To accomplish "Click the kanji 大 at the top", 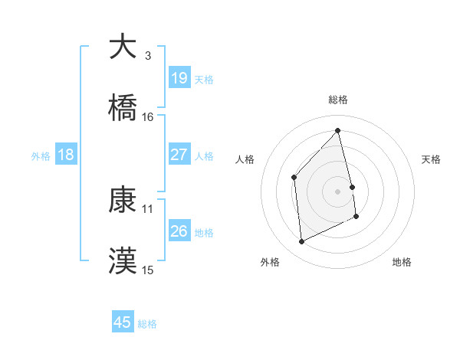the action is tap(123, 47).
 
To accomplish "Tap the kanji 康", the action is tap(123, 200).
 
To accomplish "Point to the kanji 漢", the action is tap(123, 260).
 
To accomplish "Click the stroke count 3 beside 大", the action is tap(147, 56).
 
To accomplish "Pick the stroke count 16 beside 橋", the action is tap(148, 117).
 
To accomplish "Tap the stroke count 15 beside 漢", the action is tap(148, 270).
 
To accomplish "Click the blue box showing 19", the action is tap(179, 77).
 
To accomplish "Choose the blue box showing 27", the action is tap(179, 155).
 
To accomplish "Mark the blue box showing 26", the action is tap(179, 231).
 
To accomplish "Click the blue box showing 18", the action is tap(66, 155).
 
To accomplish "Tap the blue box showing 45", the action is tap(123, 322).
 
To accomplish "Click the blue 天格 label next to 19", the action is tap(204, 79).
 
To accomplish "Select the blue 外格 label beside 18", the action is tap(41, 155).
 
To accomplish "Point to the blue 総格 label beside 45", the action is tap(147, 324).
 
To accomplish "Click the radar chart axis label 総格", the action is tap(337, 100).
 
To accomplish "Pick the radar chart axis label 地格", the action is tap(402, 262).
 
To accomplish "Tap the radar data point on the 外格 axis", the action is tap(301, 242).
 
